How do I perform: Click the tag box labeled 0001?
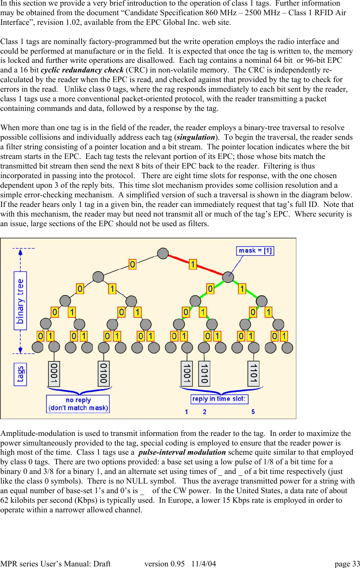(54, 373)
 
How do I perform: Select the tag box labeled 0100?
(104, 373)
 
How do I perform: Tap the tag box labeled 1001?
(187, 373)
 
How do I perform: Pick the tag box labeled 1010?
(204, 373)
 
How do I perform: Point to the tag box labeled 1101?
(253, 373)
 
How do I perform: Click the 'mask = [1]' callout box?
(255, 251)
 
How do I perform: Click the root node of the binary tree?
(163, 253)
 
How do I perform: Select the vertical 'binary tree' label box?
(20, 301)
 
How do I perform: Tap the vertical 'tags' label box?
(20, 374)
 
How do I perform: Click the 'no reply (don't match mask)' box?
(78, 404)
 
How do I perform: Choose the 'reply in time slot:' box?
(219, 399)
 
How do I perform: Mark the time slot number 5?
(253, 412)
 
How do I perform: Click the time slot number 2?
(205, 412)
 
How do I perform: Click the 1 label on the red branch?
(193, 264)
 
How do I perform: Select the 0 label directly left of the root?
(133, 264)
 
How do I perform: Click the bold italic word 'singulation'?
(196, 137)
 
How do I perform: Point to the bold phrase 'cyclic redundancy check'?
(82, 70)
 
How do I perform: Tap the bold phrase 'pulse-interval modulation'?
(182, 452)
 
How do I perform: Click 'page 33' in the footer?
(347, 564)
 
